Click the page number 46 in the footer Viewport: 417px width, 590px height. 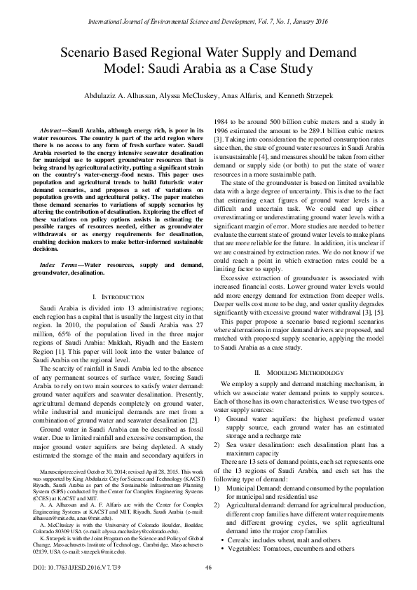coord(208,568)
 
